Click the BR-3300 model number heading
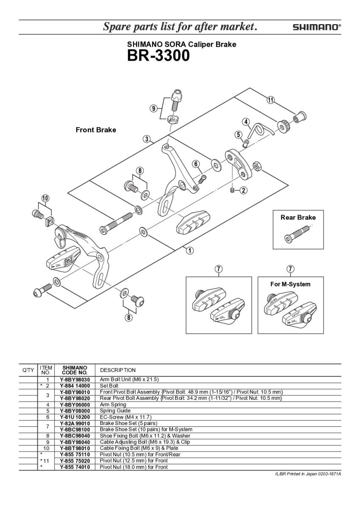tap(158, 56)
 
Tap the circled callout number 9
tap(154, 109)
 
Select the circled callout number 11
tap(270, 100)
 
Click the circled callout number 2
tap(244, 190)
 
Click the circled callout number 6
tap(196, 164)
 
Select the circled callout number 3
tap(146, 139)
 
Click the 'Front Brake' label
tap(96, 130)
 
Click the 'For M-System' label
tap(290, 284)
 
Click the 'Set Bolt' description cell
tap(110, 386)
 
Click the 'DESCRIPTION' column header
tap(118, 370)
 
